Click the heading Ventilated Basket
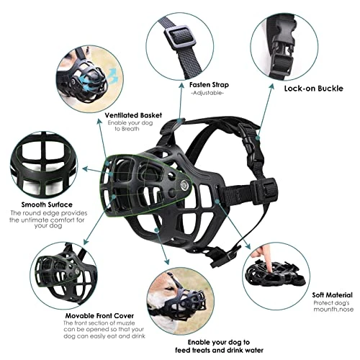point(133,115)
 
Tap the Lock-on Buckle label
point(314,89)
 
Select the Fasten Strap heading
point(209,85)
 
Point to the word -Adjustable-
point(207,93)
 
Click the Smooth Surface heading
point(47,204)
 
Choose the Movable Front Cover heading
point(99,315)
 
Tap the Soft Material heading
point(333,295)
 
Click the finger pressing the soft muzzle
point(264,259)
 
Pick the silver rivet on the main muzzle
point(184,184)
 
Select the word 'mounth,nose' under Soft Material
point(333,310)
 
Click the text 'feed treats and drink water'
point(219,351)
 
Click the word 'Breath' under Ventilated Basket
point(130,129)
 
